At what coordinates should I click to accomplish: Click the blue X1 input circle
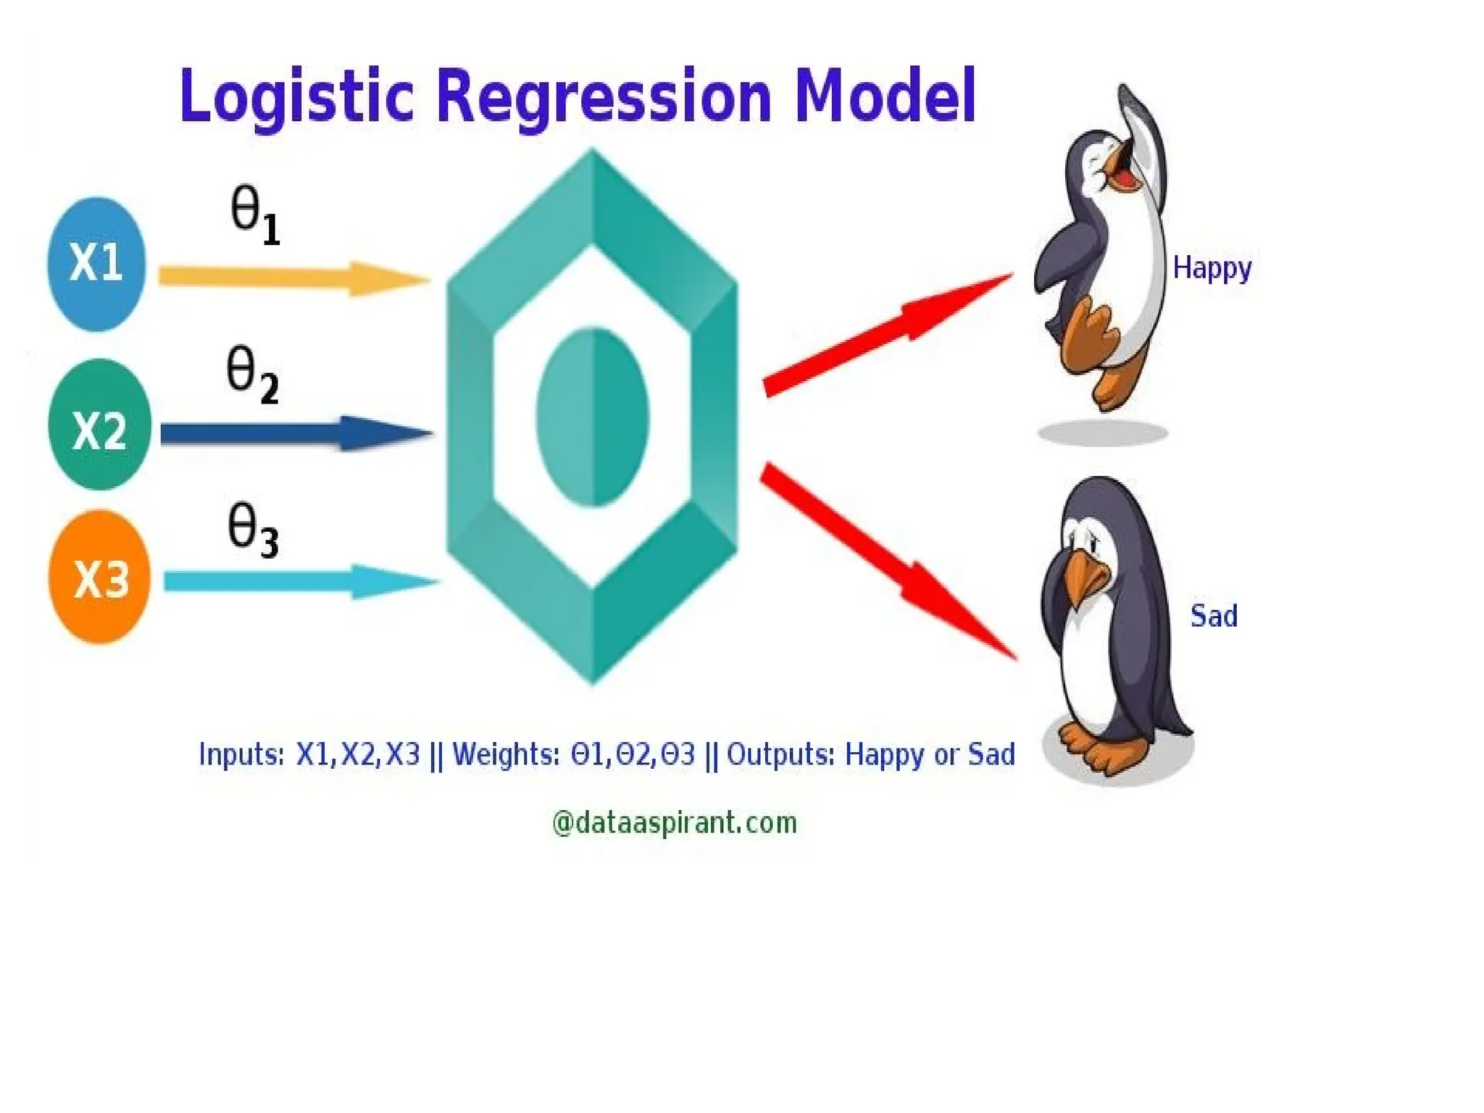click(96, 264)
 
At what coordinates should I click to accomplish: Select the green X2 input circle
click(99, 425)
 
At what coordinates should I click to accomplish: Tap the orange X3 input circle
click(99, 578)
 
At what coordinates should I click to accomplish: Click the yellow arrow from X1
click(290, 278)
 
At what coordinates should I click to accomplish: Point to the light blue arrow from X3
click(297, 581)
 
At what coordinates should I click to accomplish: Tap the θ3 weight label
click(252, 531)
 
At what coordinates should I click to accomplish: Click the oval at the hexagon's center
click(593, 417)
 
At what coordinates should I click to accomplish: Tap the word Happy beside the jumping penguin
click(1212, 269)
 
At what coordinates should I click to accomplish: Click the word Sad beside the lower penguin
click(1214, 617)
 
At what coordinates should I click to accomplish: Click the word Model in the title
click(885, 96)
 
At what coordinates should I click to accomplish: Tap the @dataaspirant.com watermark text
click(674, 823)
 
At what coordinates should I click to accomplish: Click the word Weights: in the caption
click(506, 755)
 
